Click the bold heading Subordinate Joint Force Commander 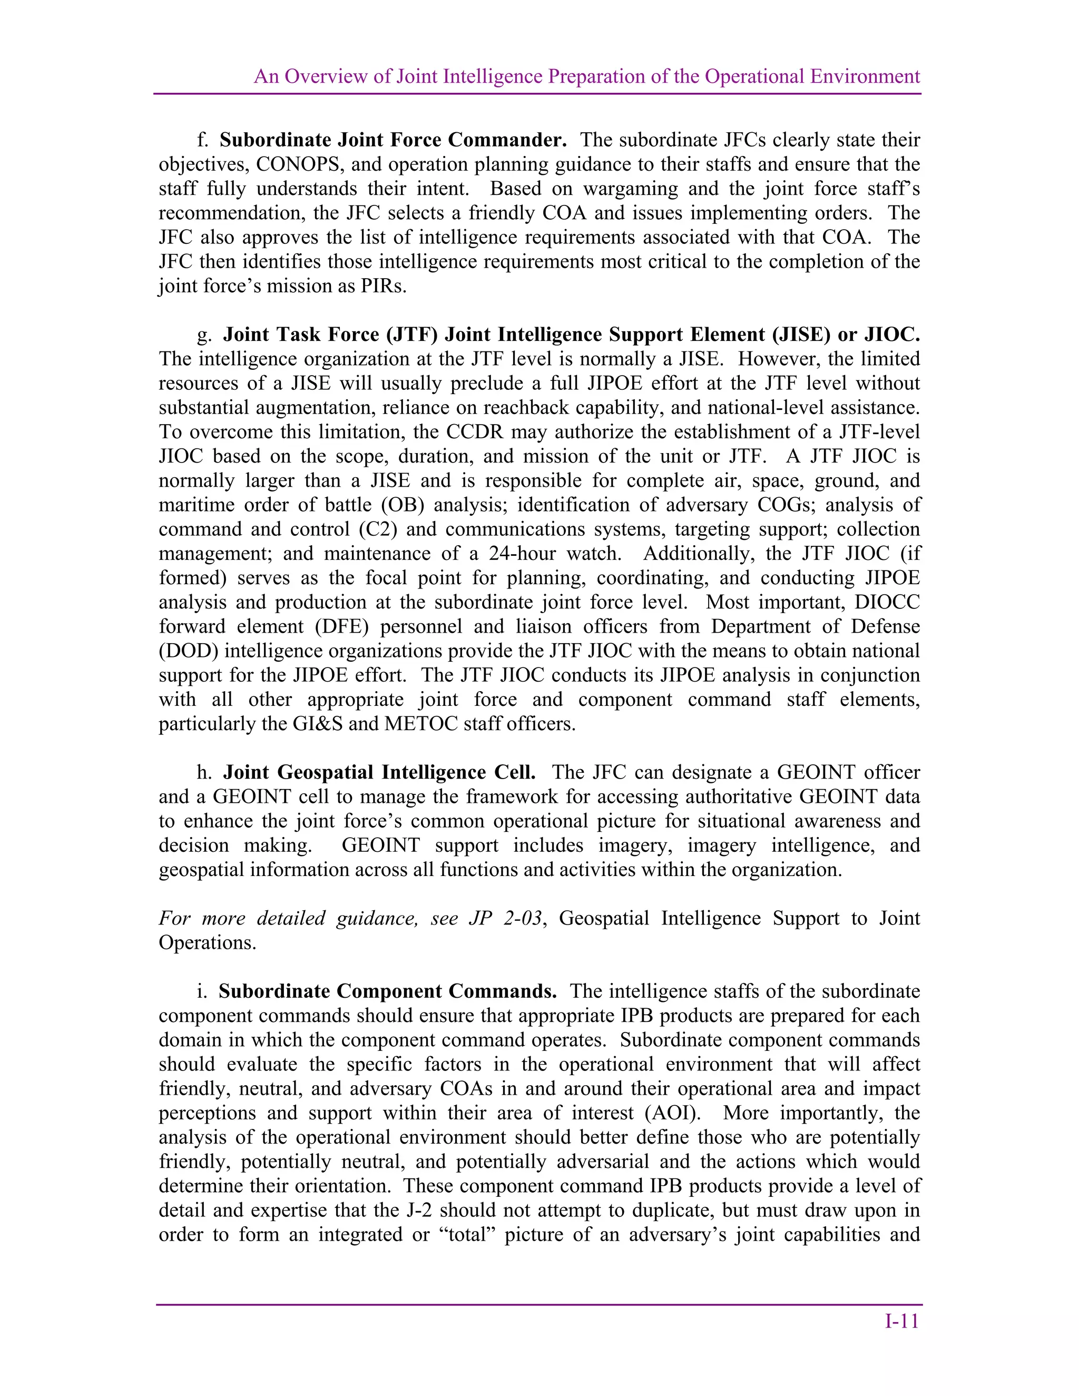393,140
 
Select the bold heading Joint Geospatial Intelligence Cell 379,772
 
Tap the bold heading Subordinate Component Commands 387,991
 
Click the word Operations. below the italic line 207,943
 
